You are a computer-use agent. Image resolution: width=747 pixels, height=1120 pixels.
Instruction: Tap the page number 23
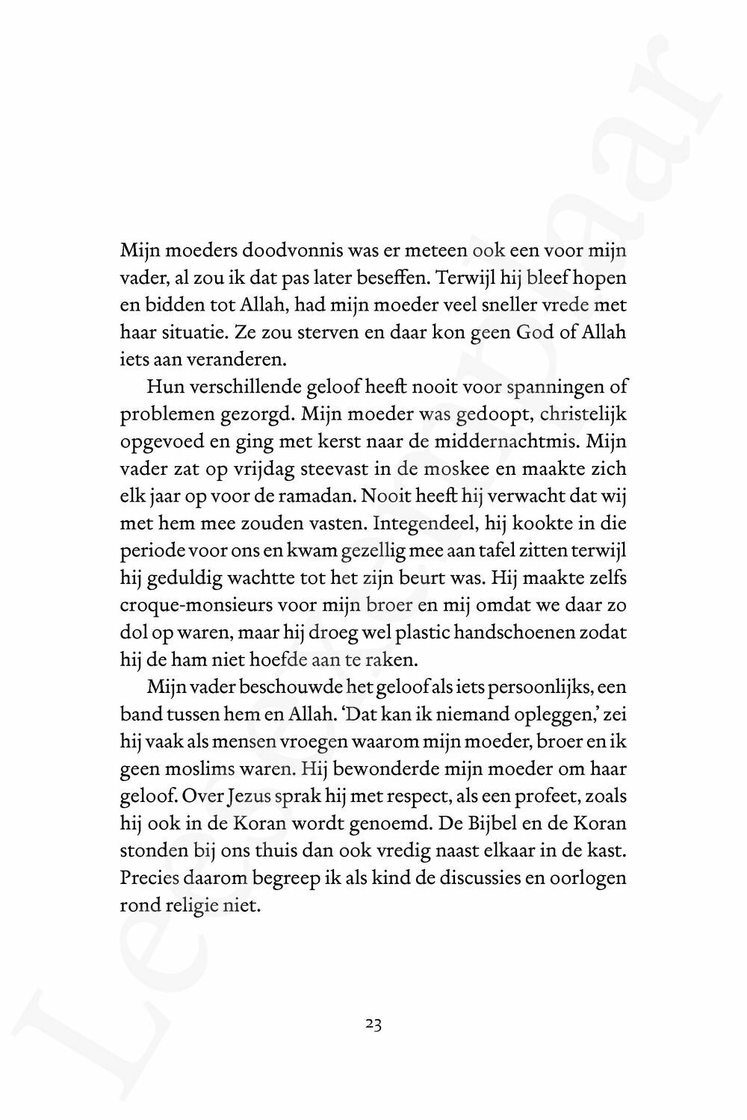[x=373, y=1025]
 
